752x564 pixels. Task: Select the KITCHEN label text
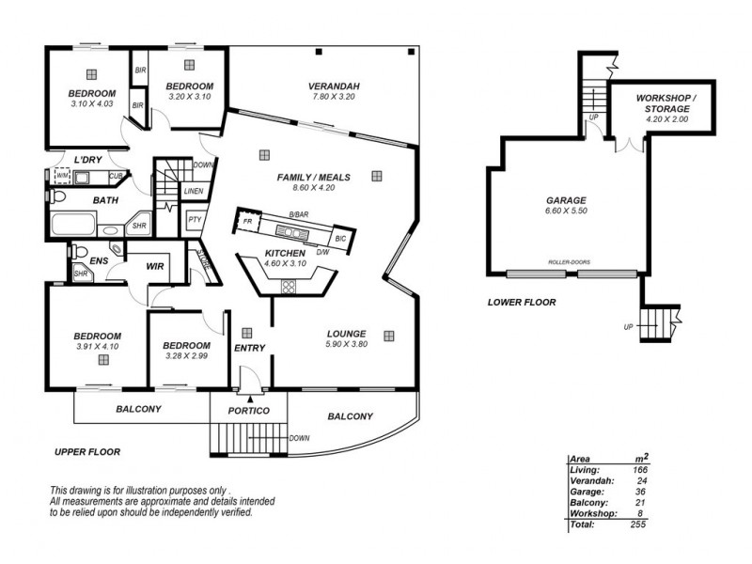click(285, 254)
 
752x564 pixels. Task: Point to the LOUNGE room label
click(346, 334)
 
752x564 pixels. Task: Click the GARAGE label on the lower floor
click(566, 200)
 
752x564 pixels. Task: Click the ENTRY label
click(250, 349)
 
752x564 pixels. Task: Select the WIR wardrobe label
click(155, 267)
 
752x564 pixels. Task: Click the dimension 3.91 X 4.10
click(97, 347)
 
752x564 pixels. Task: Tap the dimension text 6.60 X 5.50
click(566, 211)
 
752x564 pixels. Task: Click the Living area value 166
click(639, 469)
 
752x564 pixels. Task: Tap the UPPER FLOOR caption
click(87, 452)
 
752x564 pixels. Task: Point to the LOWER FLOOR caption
click(522, 303)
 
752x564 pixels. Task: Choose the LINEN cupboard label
click(193, 191)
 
